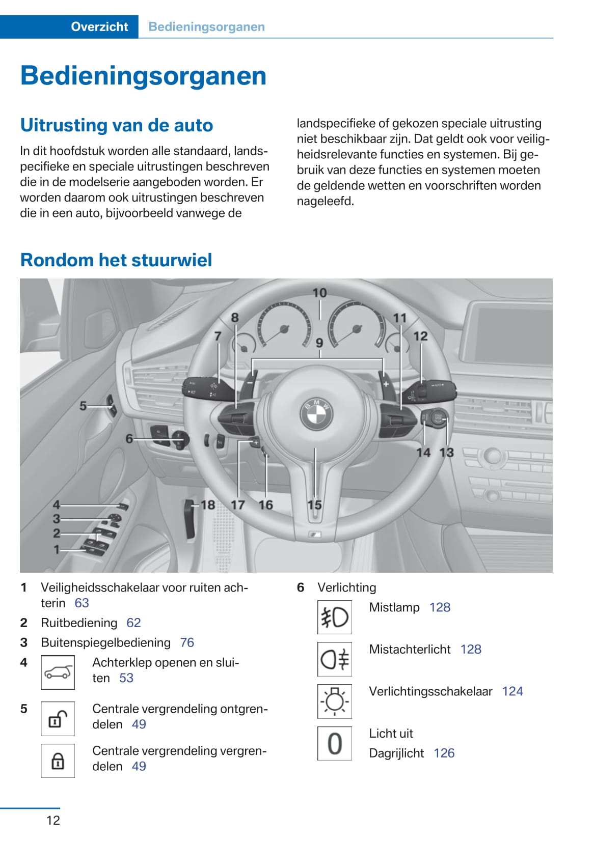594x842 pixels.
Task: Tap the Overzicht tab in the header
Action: click(99, 27)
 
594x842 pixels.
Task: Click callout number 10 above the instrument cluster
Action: click(319, 293)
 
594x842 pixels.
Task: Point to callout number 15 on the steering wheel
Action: click(314, 504)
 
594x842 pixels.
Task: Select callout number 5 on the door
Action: click(83, 406)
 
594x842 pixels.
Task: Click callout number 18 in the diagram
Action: click(208, 504)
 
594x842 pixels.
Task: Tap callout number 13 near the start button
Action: click(446, 452)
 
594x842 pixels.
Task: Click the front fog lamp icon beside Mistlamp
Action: click(334, 617)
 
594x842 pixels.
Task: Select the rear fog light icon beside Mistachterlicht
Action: click(334, 659)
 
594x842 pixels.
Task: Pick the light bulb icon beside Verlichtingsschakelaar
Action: click(334, 701)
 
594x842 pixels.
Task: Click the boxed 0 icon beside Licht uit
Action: click(334, 743)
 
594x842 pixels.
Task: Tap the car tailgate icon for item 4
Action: click(58, 672)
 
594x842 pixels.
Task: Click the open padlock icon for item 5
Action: click(58, 719)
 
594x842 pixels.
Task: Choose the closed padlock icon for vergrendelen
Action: click(58, 761)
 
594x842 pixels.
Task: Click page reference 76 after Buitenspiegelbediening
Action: click(187, 642)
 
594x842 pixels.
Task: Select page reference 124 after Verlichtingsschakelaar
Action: click(512, 691)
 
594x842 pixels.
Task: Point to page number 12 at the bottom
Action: click(53, 820)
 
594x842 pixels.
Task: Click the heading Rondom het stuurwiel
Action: click(116, 260)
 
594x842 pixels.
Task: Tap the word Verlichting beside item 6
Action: click(346, 587)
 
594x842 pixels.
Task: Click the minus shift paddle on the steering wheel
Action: click(250, 383)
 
